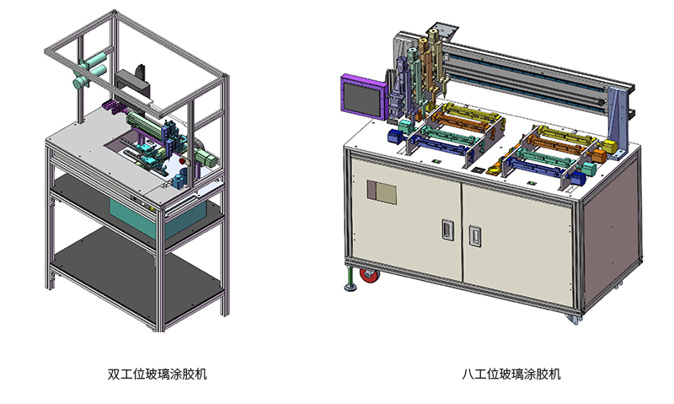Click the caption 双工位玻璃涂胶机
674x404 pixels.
pos(157,374)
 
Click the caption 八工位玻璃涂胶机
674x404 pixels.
pos(511,374)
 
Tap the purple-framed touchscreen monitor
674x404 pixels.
pos(362,96)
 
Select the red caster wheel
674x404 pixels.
pos(368,275)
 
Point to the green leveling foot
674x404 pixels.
pos(350,279)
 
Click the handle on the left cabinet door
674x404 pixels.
pos(447,229)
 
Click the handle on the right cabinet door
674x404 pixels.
pos(474,235)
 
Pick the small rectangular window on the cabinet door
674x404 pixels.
pos(382,192)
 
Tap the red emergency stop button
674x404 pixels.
pos(183,161)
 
